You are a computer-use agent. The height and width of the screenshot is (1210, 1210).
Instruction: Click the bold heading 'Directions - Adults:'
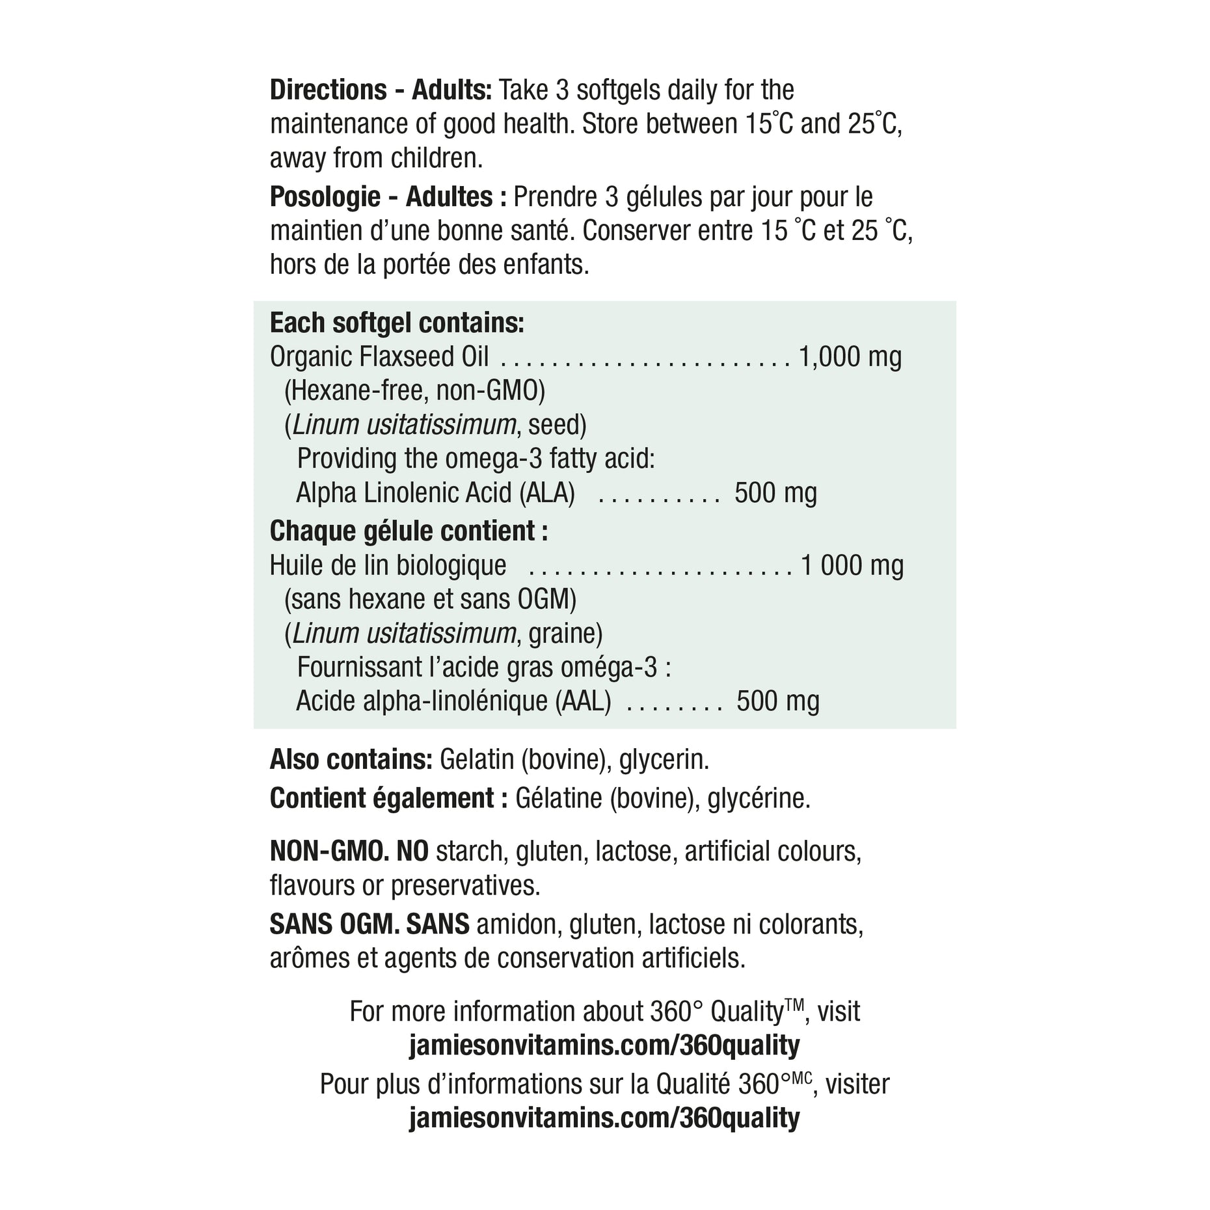(x=381, y=90)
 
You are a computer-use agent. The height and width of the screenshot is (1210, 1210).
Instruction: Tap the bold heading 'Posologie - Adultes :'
(x=388, y=197)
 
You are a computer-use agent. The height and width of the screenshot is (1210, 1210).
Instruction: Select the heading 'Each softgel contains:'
(x=397, y=323)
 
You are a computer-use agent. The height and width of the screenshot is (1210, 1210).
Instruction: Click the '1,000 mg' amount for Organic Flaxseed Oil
(x=850, y=357)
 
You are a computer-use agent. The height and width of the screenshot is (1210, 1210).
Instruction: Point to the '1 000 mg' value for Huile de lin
(x=852, y=565)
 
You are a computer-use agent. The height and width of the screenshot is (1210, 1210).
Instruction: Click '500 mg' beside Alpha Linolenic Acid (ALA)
(x=775, y=493)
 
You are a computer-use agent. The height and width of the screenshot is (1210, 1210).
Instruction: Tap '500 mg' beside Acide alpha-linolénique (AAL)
(x=777, y=701)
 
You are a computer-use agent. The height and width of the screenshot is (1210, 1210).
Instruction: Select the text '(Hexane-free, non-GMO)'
(x=414, y=391)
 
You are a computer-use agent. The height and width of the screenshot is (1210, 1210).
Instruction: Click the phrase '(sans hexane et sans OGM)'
(x=430, y=599)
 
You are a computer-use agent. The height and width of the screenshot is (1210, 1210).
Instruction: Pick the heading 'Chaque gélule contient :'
(x=409, y=531)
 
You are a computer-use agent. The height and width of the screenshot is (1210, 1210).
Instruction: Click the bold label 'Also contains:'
(x=351, y=760)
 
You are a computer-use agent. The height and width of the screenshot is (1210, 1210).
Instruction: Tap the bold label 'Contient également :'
(x=388, y=799)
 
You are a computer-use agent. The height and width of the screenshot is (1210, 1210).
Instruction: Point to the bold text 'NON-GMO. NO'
(x=349, y=851)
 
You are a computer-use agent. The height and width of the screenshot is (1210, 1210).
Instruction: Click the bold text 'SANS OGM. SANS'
(x=369, y=924)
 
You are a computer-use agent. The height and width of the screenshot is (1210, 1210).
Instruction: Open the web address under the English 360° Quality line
(x=604, y=1045)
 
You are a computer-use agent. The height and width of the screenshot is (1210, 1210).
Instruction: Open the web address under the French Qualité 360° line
(x=604, y=1118)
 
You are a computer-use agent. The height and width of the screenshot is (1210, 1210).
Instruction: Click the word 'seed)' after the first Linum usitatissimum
(x=558, y=425)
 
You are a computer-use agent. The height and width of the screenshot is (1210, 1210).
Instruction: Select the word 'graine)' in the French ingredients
(x=565, y=634)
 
